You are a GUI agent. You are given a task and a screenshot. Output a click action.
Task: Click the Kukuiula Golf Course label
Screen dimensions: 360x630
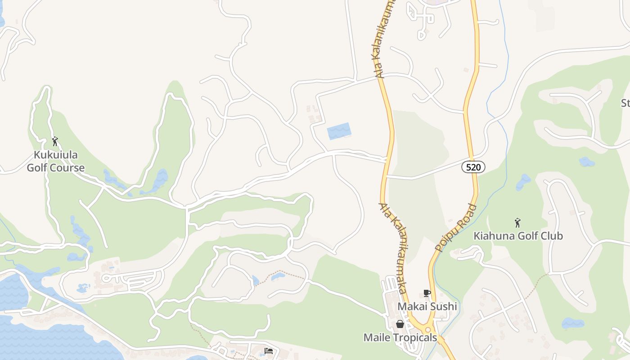(55, 162)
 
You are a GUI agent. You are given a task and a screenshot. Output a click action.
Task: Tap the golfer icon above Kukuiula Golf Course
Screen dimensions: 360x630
(55, 141)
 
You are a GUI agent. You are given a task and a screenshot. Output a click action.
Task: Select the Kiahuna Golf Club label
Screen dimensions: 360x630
(518, 236)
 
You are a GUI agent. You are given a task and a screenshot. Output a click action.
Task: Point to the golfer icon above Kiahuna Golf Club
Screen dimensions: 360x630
(517, 222)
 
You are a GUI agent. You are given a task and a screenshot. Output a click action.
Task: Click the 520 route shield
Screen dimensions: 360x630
(473, 167)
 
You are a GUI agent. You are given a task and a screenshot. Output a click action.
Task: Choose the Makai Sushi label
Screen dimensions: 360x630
(427, 306)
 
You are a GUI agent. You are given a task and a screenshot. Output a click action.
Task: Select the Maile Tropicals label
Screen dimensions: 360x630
(400, 337)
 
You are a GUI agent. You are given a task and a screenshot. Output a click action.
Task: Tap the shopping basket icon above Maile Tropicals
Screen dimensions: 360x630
(400, 324)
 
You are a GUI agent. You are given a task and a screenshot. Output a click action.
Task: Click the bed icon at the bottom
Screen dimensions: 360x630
(269, 351)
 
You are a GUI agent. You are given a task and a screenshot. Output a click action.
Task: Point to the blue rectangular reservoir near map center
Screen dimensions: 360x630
(339, 131)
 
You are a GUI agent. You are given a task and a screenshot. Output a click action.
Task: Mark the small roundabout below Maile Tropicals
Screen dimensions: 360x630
(427, 330)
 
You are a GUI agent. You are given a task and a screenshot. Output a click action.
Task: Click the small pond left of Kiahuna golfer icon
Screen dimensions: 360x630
(523, 182)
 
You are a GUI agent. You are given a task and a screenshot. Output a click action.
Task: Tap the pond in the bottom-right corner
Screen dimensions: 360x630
(573, 323)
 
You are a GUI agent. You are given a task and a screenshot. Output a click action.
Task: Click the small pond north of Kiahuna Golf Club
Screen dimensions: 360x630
(586, 162)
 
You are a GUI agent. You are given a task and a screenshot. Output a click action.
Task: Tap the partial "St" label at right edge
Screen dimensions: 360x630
(625, 103)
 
